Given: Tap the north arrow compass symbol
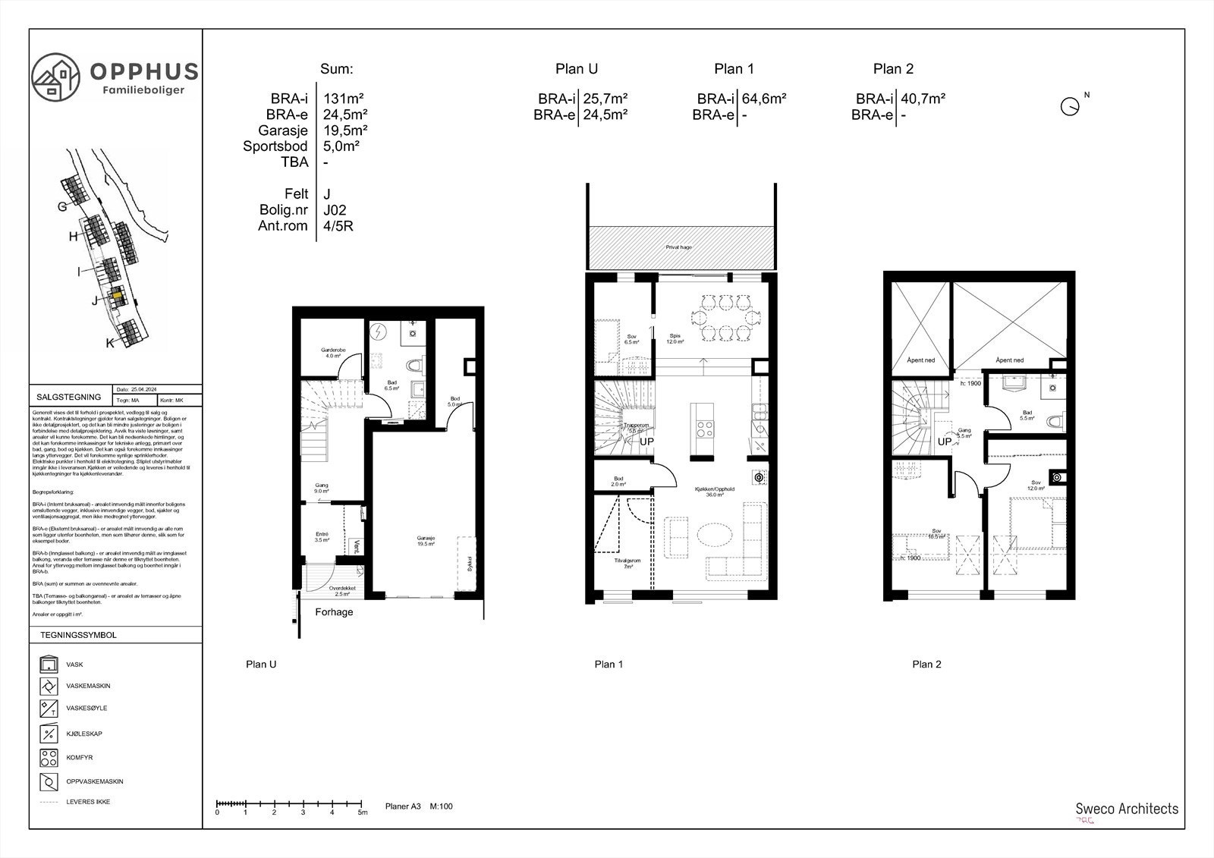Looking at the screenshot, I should [1070, 106].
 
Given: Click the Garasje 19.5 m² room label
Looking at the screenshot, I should [426, 541].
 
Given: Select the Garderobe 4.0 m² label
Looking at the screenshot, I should [333, 353].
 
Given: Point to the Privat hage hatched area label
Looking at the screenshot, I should [678, 247].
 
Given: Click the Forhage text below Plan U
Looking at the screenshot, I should [334, 612].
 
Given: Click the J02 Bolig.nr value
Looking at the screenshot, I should [335, 210].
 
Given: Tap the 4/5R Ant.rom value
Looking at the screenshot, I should [338, 226].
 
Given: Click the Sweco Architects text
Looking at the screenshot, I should [1127, 809].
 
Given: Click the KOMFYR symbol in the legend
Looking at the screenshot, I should [49, 757].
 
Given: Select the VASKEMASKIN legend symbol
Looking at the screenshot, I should [49, 687].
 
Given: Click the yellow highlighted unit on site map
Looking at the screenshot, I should [118, 297].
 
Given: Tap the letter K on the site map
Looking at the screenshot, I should [110, 343].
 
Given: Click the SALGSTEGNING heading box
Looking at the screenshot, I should [69, 397].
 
